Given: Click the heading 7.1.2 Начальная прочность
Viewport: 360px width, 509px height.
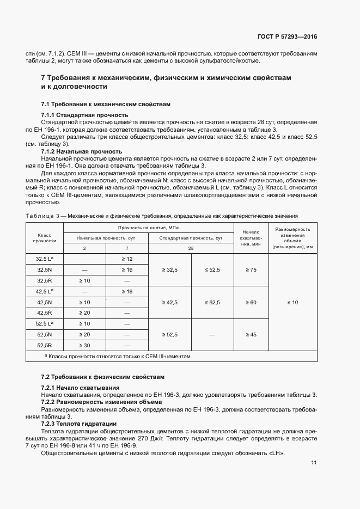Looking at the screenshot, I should (x=82, y=151).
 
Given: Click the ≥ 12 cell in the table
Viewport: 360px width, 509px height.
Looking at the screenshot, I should (x=127, y=259).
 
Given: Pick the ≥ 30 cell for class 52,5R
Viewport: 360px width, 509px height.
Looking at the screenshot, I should (x=84, y=345).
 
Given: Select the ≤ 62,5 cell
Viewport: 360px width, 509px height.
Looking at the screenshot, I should (x=212, y=302).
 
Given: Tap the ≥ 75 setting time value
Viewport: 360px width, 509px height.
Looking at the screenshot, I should (x=251, y=269).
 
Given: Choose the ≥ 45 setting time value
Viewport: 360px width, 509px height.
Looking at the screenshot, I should (x=251, y=334).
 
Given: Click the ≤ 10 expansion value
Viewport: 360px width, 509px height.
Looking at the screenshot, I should (x=292, y=302).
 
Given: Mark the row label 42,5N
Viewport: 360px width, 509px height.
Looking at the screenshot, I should (x=44, y=302).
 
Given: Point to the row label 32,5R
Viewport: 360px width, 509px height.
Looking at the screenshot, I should (x=44, y=280).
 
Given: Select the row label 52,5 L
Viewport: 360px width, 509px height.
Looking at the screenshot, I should (x=44, y=323).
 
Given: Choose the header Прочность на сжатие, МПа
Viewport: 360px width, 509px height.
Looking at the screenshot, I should (x=148, y=227).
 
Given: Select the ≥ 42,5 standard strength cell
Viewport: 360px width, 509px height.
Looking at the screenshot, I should (x=170, y=302).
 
